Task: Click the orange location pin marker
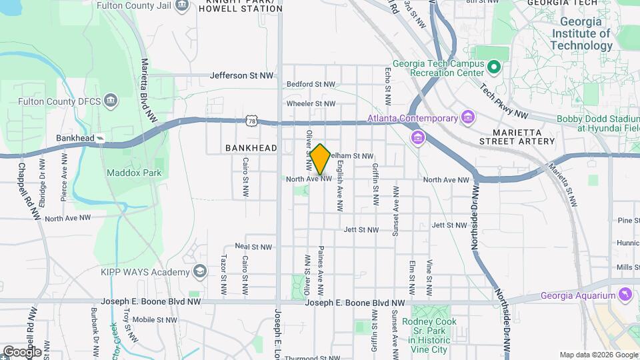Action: point(320,159)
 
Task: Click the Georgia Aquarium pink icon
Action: point(625,295)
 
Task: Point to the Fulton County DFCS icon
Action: point(111,102)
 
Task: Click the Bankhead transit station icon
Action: point(100,138)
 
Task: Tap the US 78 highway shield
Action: point(251,121)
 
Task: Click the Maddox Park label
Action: point(125,173)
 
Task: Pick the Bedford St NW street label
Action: point(311,85)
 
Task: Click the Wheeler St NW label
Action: point(311,103)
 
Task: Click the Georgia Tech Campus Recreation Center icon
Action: point(494,67)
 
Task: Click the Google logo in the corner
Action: point(21,351)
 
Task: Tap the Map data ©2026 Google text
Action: point(597,355)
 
